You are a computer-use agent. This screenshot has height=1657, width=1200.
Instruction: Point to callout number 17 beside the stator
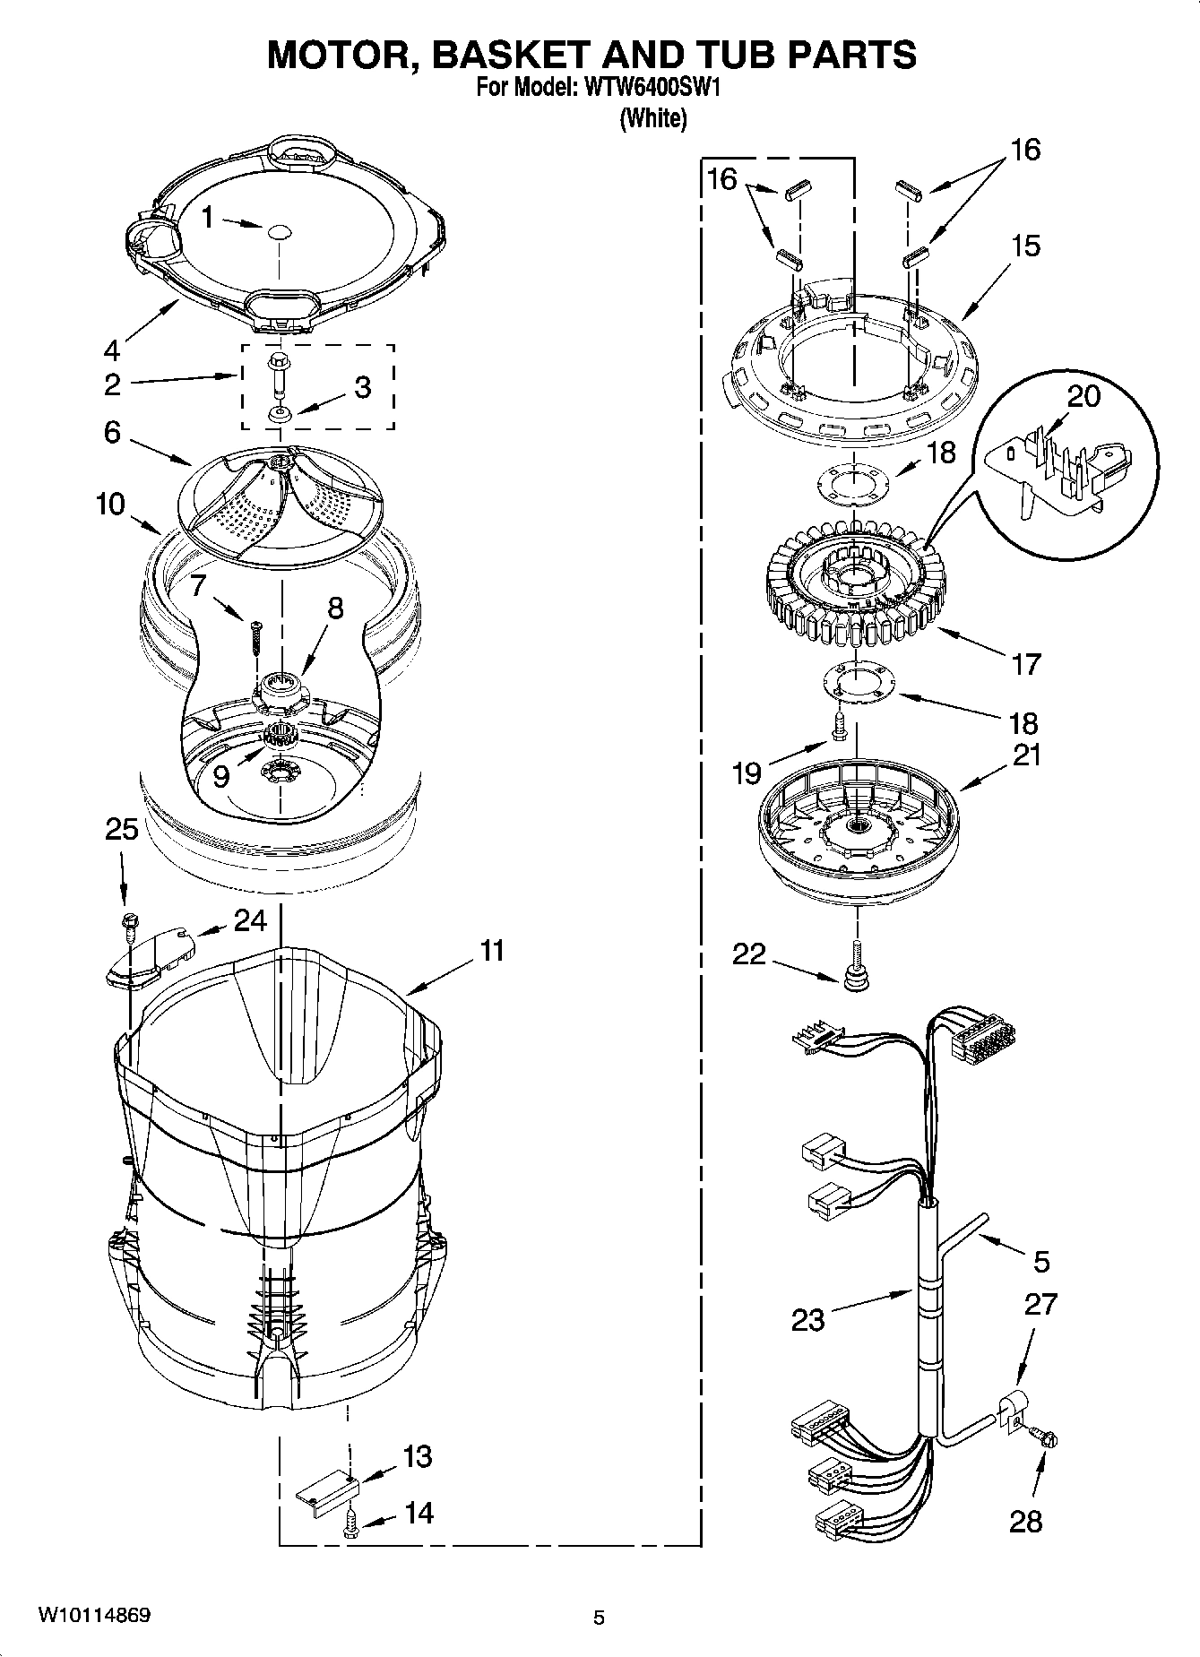(1025, 664)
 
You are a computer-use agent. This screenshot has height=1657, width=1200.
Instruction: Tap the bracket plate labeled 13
(327, 1489)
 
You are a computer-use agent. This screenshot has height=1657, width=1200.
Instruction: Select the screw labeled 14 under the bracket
(350, 1523)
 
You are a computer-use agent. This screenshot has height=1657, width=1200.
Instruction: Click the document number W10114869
(93, 1616)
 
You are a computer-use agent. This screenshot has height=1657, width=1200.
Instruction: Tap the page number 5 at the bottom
(599, 1618)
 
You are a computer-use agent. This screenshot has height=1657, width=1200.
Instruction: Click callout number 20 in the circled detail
(1083, 395)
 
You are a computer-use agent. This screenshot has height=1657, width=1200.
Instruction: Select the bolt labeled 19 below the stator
(839, 727)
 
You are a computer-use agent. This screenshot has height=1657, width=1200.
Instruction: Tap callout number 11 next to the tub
(491, 950)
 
